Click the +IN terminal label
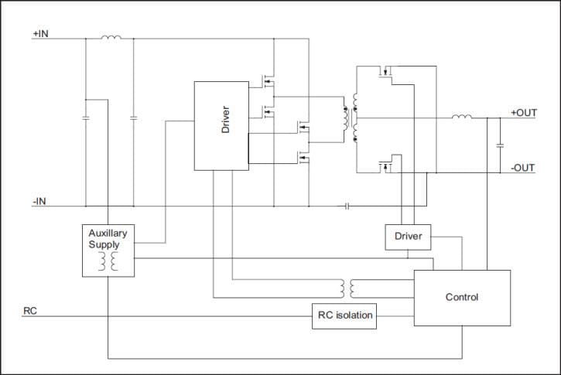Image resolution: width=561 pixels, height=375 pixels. (x=40, y=34)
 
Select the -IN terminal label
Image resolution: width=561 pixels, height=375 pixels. (x=39, y=201)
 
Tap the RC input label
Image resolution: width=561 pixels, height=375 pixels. (x=30, y=311)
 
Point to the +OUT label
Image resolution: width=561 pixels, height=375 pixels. (x=523, y=113)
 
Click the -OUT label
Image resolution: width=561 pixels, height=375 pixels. (x=522, y=167)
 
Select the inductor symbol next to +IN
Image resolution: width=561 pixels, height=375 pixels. (x=111, y=37)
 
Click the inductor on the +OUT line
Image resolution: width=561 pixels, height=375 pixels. (x=462, y=118)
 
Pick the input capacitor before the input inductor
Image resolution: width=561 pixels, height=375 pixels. (x=84, y=118)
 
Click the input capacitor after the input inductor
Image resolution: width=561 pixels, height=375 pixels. (x=134, y=118)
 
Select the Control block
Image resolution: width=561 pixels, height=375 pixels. (x=462, y=297)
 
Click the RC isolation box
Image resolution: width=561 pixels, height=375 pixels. (x=344, y=315)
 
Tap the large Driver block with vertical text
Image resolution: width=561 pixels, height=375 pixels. (x=221, y=125)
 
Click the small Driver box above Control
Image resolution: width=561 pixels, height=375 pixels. (x=408, y=237)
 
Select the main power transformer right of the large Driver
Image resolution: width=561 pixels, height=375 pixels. (x=350, y=118)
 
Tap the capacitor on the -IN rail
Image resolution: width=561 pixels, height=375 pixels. (x=347, y=206)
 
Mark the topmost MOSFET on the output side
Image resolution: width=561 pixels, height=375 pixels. (x=385, y=74)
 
